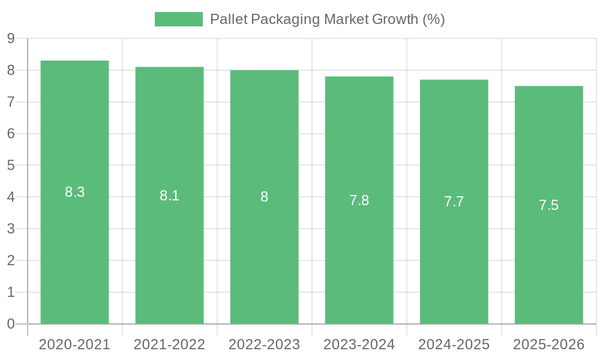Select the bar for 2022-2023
tap(264, 252)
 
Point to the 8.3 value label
tap(74, 192)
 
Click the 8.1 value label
tap(169, 196)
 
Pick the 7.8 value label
tap(359, 200)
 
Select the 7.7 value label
tap(454, 202)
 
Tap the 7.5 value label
tap(548, 205)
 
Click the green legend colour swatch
tap(178, 19)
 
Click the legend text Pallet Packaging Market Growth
tap(327, 19)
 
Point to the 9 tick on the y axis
tap(11, 39)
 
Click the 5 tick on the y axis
tap(11, 166)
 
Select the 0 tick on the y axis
tap(11, 324)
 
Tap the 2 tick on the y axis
tap(11, 260)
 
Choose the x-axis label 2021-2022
tap(169, 344)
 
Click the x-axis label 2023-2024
tap(359, 344)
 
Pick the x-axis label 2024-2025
tap(454, 344)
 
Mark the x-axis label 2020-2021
tap(74, 344)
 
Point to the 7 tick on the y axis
tap(11, 102)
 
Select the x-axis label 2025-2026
tap(548, 344)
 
